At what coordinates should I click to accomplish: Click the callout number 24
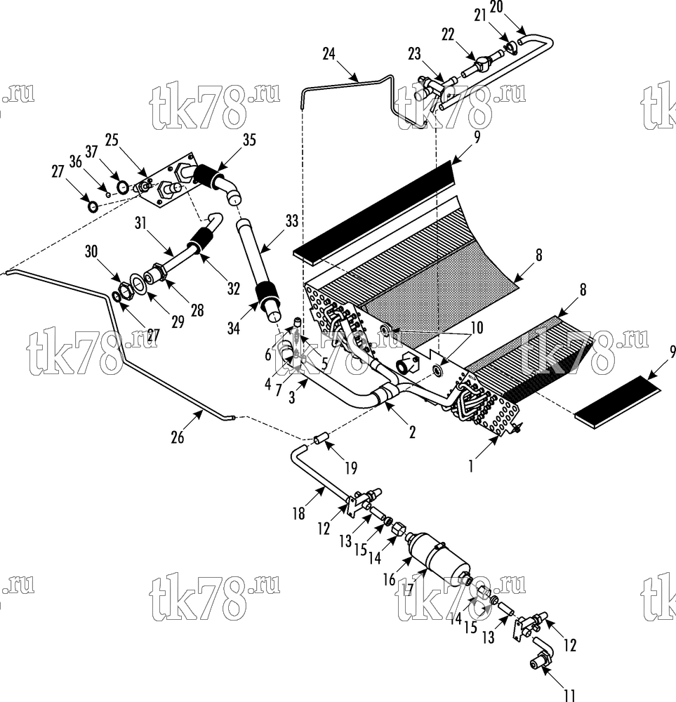click(329, 54)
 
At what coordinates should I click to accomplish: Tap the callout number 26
click(178, 437)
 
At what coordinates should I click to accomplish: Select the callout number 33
click(292, 221)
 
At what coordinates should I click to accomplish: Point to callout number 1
click(471, 467)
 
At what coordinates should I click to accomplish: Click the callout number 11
click(569, 695)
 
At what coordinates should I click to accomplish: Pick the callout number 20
click(496, 7)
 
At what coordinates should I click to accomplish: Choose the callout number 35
click(249, 140)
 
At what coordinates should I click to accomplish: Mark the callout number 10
click(477, 328)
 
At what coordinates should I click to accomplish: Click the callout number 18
click(298, 513)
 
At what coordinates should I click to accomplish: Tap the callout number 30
click(91, 251)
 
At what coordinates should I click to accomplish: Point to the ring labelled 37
click(123, 187)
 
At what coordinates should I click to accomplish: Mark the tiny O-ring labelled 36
click(108, 194)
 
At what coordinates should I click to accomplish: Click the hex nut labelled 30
click(124, 292)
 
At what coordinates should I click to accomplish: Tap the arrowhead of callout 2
click(386, 405)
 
